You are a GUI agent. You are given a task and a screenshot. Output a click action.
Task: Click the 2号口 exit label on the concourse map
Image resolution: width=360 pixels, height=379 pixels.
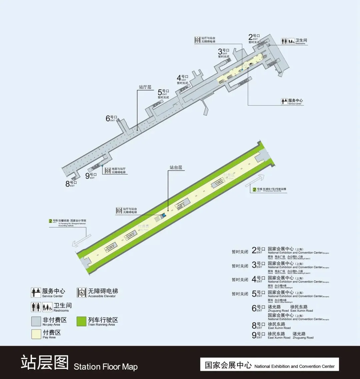coord(254,37)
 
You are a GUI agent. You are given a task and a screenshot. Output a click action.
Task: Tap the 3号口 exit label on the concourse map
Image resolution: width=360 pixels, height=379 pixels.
coord(224,52)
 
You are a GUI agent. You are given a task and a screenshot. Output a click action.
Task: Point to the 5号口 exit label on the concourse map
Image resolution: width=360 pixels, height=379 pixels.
coord(163,92)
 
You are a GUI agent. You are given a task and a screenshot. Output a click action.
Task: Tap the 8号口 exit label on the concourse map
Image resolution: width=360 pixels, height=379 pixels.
coord(71,183)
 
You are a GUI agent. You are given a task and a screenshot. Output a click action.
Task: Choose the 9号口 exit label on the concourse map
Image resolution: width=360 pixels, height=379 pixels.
coord(91,176)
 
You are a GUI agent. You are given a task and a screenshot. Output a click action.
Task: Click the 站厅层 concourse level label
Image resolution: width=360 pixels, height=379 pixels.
coord(145,87)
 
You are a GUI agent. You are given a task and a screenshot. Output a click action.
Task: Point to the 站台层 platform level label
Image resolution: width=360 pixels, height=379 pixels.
coord(176,168)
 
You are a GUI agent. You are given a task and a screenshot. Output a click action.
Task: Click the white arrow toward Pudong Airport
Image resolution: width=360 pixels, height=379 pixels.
coord(255,180)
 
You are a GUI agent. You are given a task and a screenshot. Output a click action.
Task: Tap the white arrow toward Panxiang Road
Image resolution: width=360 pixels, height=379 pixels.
coord(82,240)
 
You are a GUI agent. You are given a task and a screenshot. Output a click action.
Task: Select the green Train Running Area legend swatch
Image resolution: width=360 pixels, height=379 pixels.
coord(82,321)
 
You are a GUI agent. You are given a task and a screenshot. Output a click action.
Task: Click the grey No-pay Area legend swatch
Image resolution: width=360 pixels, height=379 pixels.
coord(36,321)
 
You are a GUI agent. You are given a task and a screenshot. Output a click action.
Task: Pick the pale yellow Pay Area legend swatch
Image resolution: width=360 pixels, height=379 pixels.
coord(36,334)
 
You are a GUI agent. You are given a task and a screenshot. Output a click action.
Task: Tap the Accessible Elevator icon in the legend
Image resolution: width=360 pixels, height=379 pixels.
coord(82,293)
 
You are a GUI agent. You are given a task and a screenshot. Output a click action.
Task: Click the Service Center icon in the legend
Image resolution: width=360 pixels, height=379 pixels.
coord(36,293)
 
